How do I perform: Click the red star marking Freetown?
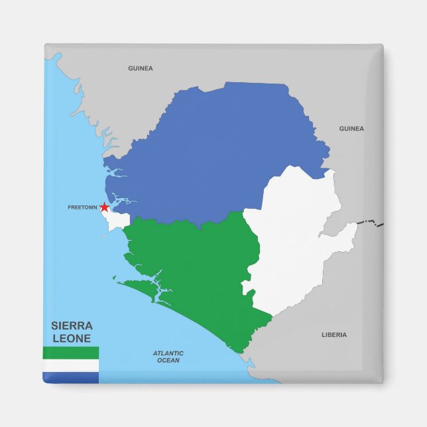coord(104,208)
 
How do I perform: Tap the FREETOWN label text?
coord(82,208)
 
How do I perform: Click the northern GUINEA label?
coord(141,68)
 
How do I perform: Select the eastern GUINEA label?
coord(351,129)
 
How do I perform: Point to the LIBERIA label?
coord(334,335)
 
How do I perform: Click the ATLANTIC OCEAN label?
coord(168,357)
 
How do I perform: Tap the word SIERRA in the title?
coord(72,326)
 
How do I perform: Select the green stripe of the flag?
coord(71,353)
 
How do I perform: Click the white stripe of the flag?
coord(71,365)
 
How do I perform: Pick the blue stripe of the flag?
coord(71,377)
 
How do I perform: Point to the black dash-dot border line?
coord(371,222)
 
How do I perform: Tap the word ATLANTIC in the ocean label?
coord(168,353)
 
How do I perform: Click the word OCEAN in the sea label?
coord(168,361)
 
